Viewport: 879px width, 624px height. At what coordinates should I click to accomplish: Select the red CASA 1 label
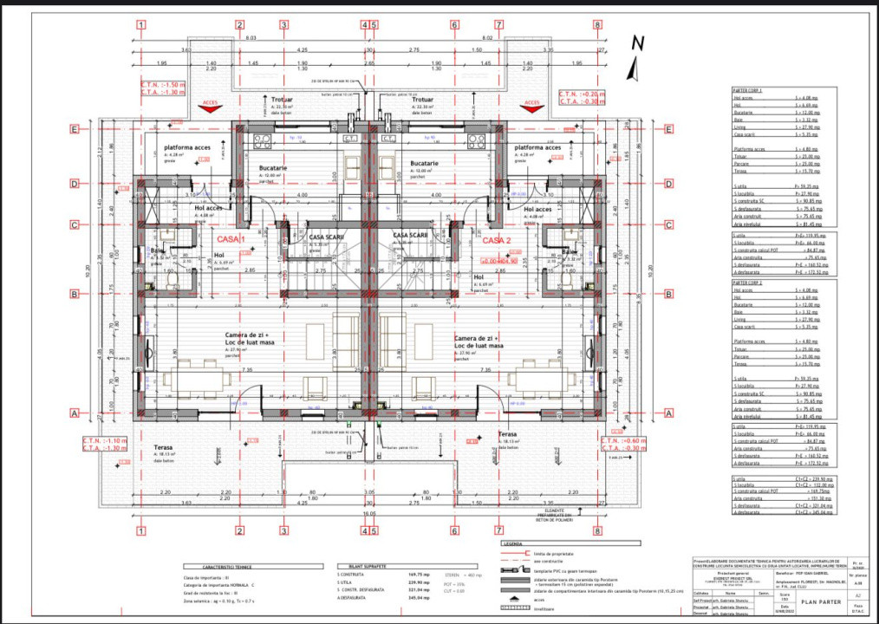coord(231,239)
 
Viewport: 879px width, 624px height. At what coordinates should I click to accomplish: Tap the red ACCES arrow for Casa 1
coord(209,105)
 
